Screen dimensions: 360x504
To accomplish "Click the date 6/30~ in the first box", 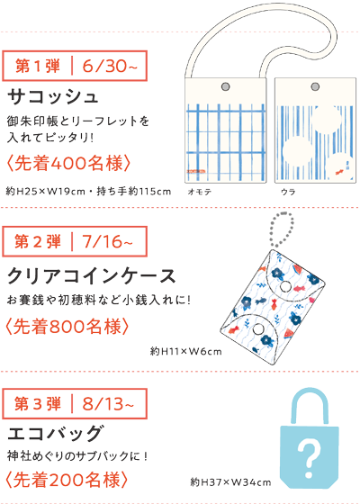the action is tap(110, 66).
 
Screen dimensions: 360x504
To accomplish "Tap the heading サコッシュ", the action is tap(53, 97).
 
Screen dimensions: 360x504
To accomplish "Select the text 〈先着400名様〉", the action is tap(68, 163).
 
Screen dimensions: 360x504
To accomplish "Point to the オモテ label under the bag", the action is tap(199, 192).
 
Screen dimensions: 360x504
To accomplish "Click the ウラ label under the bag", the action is tap(288, 192).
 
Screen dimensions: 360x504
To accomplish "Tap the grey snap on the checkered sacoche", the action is tap(226, 86).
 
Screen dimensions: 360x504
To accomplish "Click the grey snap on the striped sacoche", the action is tap(315, 86).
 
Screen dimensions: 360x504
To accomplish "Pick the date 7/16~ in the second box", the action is tap(107, 241).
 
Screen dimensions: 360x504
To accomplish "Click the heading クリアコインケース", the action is tap(92, 276).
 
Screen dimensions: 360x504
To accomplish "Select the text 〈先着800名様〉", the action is tap(67, 326).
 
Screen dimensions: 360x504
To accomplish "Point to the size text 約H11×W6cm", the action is tap(185, 351).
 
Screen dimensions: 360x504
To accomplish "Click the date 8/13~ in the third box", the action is tap(108, 404).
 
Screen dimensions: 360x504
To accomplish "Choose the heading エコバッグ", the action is tap(56, 433).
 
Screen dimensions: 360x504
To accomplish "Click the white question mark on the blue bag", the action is tap(309, 454).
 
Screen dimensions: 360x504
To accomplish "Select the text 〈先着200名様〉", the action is tap(67, 480).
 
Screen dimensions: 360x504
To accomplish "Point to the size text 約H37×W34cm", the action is tap(230, 482).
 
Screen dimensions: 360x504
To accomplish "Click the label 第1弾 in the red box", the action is tap(38, 66).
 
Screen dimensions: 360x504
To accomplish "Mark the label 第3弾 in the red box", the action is tap(38, 404).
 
